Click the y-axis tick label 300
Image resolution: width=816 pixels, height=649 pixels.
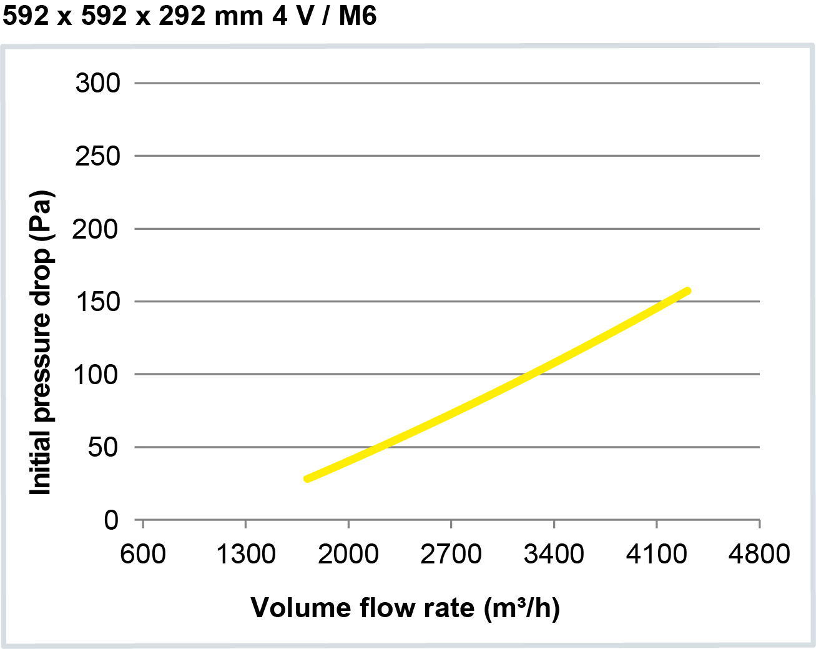(x=97, y=83)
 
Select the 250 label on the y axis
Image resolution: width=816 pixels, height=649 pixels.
(x=97, y=156)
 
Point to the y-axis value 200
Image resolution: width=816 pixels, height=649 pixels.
(x=95, y=229)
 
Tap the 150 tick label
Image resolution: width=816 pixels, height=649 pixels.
(x=97, y=302)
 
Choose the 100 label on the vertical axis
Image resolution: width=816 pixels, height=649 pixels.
(x=96, y=375)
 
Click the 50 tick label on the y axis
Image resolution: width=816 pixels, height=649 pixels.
(x=103, y=447)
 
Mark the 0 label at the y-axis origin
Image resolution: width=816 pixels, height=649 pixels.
(x=111, y=520)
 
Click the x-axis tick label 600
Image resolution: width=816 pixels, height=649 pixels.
(x=143, y=554)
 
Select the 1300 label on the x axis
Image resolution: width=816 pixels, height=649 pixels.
(x=245, y=554)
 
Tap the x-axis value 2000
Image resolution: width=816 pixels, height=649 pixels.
(x=348, y=554)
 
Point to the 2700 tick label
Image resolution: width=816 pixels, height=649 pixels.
(x=451, y=554)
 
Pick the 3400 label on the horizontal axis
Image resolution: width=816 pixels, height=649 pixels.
(x=554, y=554)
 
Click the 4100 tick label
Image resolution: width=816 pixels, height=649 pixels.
(x=656, y=554)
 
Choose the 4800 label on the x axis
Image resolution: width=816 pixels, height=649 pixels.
(x=759, y=554)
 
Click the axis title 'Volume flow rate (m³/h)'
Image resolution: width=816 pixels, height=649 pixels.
(x=405, y=608)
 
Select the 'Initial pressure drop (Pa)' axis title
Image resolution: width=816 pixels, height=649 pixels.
(x=41, y=342)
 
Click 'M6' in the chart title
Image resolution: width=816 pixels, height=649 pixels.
(x=358, y=16)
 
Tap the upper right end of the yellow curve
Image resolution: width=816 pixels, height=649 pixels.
(x=687, y=291)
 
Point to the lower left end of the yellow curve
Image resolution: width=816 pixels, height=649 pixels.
(x=307, y=479)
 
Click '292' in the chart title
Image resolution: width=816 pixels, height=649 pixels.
(x=182, y=16)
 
